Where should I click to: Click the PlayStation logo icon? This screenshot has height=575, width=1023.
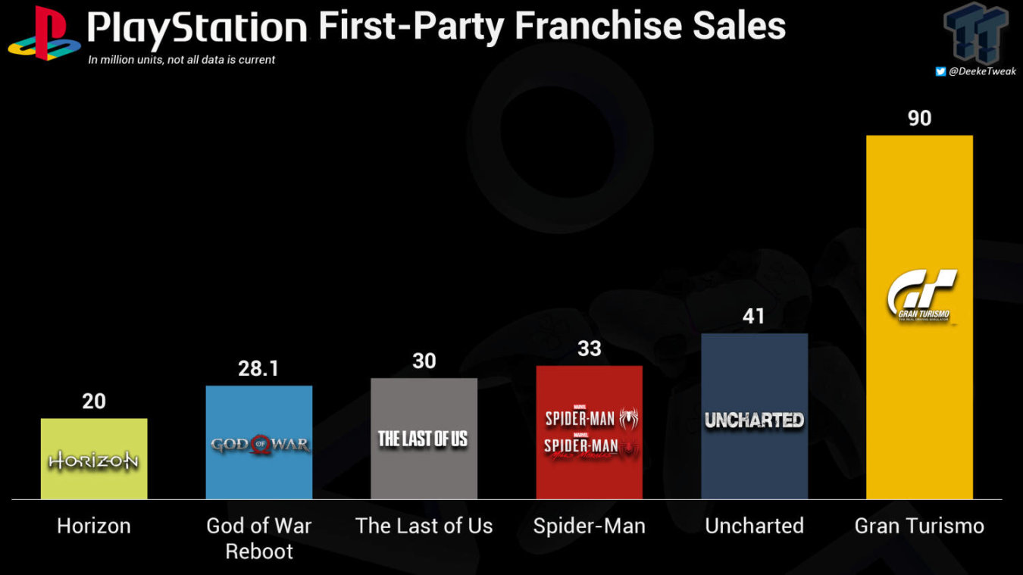point(44,33)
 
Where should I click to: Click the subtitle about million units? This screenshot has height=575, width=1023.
point(182,60)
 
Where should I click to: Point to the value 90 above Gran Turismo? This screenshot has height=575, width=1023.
point(919,118)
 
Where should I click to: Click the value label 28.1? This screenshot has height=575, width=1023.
point(259,368)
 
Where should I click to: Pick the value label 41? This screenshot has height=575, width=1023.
point(754,316)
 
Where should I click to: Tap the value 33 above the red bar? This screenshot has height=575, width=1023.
point(589,348)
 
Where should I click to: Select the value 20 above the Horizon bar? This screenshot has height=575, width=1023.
point(94,402)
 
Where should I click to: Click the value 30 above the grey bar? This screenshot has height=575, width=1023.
point(424,361)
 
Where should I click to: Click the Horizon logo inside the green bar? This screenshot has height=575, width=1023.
point(94,460)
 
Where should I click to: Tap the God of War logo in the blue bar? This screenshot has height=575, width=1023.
point(259,444)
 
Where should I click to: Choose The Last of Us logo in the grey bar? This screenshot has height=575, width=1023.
point(424,439)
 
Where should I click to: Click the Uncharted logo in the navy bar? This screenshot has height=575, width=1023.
point(754,420)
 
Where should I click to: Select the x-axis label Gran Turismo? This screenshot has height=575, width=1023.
point(919,527)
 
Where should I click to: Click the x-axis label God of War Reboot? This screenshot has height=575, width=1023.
point(259,538)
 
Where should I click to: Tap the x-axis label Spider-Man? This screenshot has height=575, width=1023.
point(589,527)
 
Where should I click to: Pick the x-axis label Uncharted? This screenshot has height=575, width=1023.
point(754,527)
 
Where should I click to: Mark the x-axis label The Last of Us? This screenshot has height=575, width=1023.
point(424,527)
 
